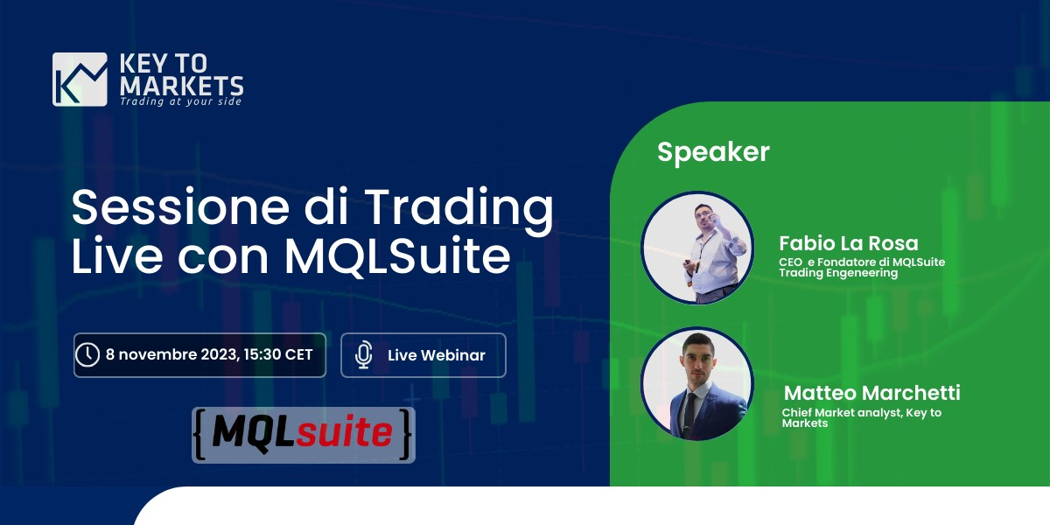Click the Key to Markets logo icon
tap(80, 80)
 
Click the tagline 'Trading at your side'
tap(180, 101)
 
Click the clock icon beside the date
tap(87, 355)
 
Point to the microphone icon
tap(364, 355)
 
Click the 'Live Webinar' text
tap(436, 355)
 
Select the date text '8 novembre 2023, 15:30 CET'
tap(209, 355)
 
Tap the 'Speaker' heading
tap(713, 152)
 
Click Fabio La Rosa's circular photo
tap(697, 248)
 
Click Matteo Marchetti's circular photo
tap(697, 383)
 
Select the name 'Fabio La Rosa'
tap(848, 243)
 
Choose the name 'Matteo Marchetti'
tap(871, 393)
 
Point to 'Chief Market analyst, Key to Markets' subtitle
tap(861, 417)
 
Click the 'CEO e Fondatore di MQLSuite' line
tap(862, 262)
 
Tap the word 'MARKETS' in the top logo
tap(181, 86)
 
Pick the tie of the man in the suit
tap(690, 411)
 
